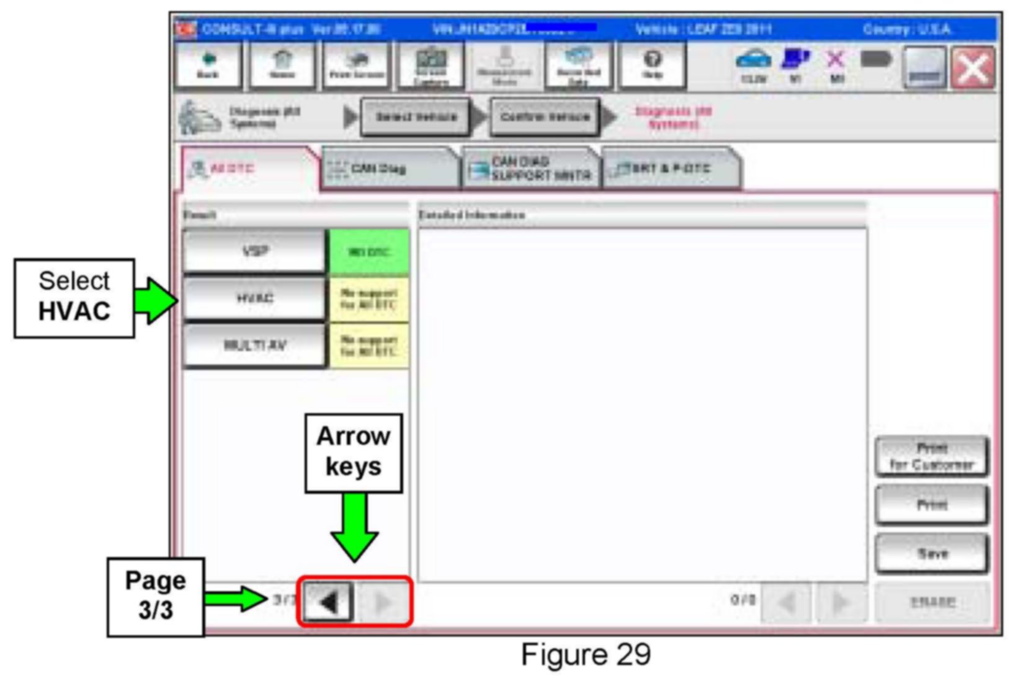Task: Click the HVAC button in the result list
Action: tap(254, 298)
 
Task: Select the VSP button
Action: tap(254, 251)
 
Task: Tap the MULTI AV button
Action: tap(254, 345)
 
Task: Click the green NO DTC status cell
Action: tap(369, 252)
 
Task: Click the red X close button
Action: tap(973, 67)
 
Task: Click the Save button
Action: tap(931, 553)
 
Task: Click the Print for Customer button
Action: tap(931, 457)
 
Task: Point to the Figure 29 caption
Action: tap(586, 655)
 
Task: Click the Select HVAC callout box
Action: tap(74, 298)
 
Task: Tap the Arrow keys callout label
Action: tap(353, 452)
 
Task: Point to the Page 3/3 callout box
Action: tap(156, 596)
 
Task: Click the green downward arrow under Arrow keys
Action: tap(354, 527)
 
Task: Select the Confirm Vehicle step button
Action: tap(545, 117)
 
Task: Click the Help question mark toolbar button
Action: tap(652, 65)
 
